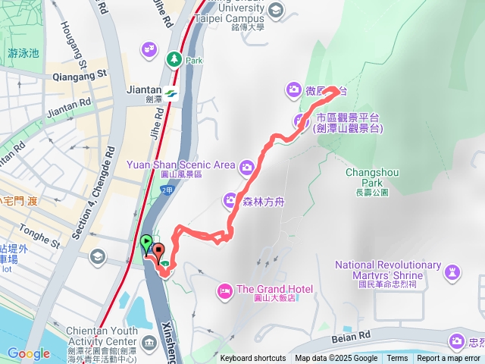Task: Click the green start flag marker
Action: tap(146, 243)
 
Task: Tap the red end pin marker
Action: tap(158, 250)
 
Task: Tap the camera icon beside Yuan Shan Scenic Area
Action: tap(246, 167)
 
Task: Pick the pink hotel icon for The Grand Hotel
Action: tap(224, 290)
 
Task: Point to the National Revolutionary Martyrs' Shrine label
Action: tap(387, 270)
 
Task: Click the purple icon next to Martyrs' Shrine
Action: tap(452, 271)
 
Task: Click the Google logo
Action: tap(28, 353)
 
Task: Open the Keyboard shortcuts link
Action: tap(253, 359)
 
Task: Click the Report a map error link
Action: tap(449, 359)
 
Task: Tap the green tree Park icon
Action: tap(174, 58)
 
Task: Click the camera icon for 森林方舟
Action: tap(230, 200)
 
